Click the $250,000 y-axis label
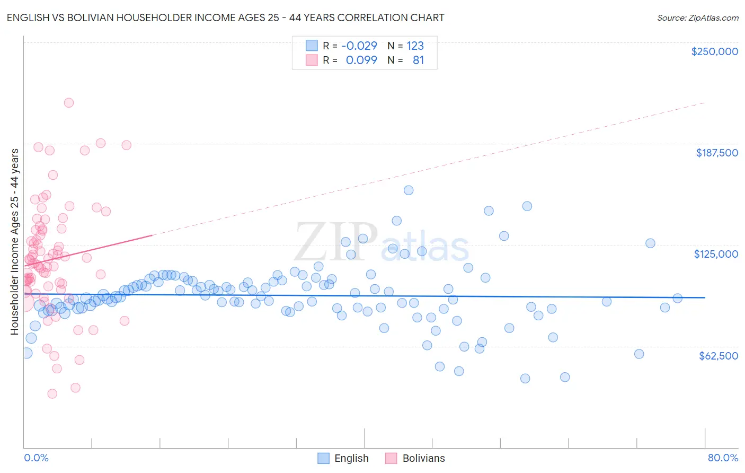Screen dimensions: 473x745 714,51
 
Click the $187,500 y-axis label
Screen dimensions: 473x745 716,153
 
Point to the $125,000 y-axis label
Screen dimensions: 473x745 716,254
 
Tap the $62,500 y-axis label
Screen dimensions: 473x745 718,356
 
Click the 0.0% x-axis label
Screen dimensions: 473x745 36,458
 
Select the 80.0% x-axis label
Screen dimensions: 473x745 723,458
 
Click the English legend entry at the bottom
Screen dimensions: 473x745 351,458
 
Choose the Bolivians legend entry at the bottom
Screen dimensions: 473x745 423,458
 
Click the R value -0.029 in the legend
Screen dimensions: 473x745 359,46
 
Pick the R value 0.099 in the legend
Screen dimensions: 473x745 361,60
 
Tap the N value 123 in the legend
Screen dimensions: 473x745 415,46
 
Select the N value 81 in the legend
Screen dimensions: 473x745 418,60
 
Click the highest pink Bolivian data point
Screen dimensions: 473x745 68,103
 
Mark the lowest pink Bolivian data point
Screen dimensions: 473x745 52,393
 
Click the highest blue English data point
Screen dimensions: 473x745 409,190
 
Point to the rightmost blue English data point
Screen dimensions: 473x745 677,298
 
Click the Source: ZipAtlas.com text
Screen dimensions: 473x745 697,17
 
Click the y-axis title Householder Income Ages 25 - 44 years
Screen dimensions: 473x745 15,242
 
